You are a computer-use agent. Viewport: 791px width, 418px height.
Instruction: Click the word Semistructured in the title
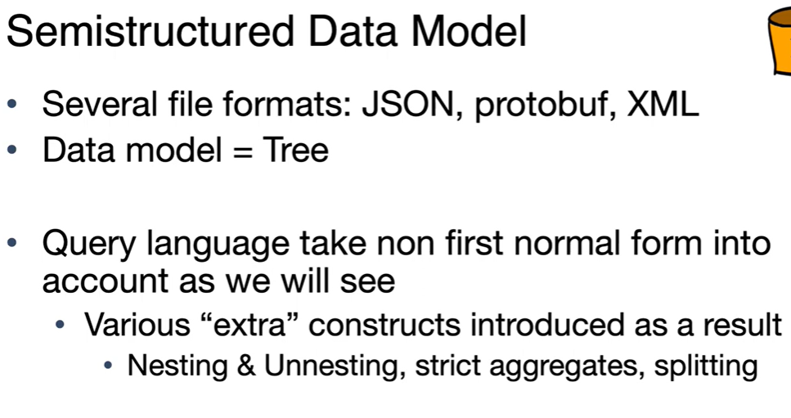[x=151, y=31]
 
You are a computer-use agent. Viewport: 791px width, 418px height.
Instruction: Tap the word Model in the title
[x=469, y=31]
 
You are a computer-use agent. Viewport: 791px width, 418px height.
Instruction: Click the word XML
[x=663, y=104]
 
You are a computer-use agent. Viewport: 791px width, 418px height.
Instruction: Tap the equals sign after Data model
[x=243, y=151]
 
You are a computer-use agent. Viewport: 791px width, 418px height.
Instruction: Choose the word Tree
[x=295, y=150]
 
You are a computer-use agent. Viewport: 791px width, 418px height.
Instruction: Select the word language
[x=218, y=245]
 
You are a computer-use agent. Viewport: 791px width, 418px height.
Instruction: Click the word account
[x=105, y=281]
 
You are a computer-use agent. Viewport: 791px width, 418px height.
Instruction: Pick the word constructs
[x=384, y=325]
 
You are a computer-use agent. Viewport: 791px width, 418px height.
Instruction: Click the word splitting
[x=706, y=366]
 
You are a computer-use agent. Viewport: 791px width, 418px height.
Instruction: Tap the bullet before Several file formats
[x=12, y=105]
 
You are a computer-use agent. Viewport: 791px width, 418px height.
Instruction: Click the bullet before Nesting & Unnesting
[x=108, y=365]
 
